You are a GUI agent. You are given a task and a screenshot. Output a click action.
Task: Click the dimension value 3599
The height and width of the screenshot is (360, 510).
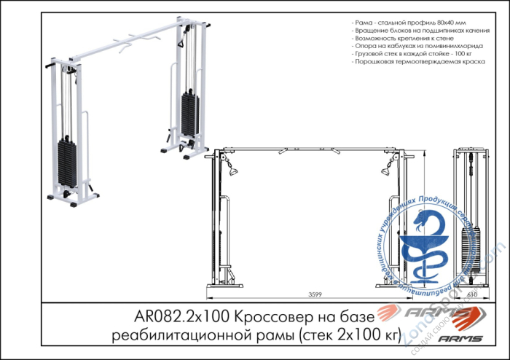(x=315, y=294)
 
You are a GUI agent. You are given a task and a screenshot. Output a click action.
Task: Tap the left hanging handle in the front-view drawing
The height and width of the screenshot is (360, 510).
(x=233, y=171)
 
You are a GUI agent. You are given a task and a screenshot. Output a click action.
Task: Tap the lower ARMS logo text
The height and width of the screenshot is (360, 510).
(x=460, y=337)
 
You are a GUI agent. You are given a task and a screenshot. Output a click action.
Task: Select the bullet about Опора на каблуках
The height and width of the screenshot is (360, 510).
(x=412, y=47)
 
